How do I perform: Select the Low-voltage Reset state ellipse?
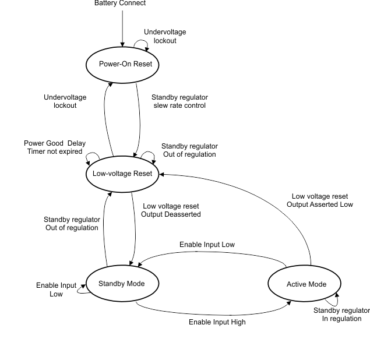tap(122, 174)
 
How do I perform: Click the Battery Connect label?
tap(120, 3)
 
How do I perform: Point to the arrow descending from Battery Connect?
tap(122, 26)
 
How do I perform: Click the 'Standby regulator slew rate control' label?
tap(179, 101)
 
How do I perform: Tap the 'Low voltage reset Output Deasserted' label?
tap(171, 210)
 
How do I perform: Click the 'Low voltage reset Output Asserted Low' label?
tap(320, 200)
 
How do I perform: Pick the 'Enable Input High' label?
tap(217, 322)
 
